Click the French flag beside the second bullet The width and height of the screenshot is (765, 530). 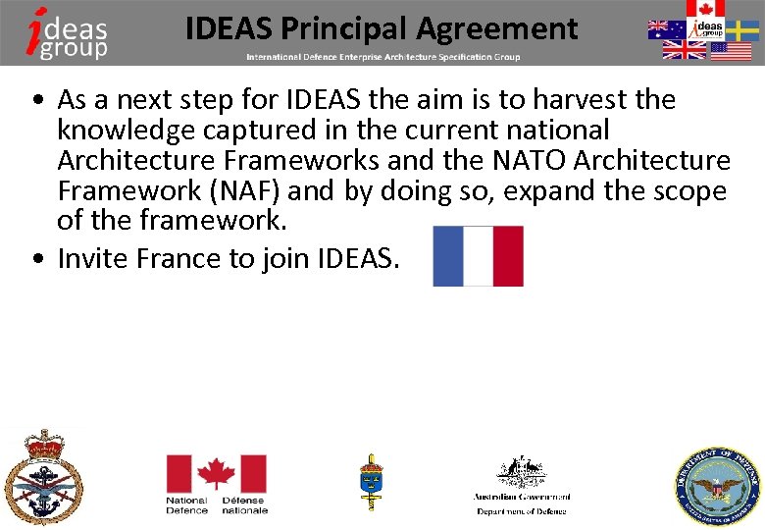tap(478, 256)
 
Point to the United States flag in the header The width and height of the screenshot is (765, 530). tap(731, 51)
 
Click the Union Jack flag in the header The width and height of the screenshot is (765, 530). tap(684, 50)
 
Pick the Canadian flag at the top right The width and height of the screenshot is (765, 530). tap(704, 9)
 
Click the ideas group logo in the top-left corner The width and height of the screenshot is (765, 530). tap(68, 31)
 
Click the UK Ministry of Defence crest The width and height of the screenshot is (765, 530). tap(42, 477)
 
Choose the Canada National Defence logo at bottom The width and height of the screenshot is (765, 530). tap(216, 483)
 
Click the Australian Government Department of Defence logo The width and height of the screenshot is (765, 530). tap(521, 485)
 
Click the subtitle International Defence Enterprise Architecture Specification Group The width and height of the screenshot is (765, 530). tap(382, 57)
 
